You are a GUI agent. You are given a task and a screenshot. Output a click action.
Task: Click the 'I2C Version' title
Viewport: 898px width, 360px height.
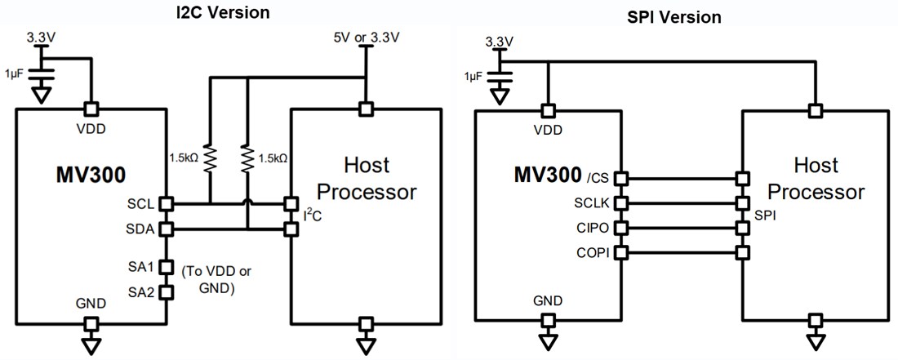223,13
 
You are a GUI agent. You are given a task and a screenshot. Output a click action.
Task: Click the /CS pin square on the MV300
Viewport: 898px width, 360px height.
622,177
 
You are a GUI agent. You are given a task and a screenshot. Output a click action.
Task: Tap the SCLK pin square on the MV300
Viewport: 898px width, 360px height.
622,202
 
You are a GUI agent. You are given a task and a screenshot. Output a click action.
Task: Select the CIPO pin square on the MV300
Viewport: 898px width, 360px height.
622,228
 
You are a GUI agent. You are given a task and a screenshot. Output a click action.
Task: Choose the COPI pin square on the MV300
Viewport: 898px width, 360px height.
622,253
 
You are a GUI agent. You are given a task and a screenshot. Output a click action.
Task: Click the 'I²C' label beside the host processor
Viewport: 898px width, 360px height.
312,216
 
